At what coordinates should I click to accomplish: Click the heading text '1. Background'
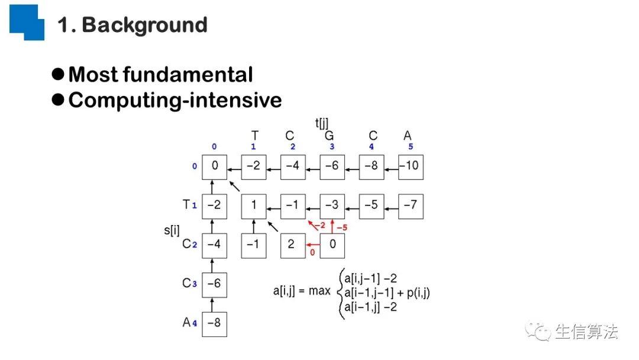tap(133, 25)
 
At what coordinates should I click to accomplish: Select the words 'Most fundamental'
tap(160, 75)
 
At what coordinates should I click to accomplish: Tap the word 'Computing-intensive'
tap(175, 100)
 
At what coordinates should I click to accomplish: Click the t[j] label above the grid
tap(322, 123)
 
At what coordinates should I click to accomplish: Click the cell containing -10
tap(411, 166)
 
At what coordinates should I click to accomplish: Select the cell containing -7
tap(411, 205)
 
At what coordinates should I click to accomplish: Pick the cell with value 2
tap(292, 245)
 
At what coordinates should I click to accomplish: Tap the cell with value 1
tap(253, 205)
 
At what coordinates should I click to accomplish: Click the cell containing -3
tap(332, 205)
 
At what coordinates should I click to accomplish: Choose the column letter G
tap(329, 136)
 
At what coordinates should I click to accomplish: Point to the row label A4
tap(189, 323)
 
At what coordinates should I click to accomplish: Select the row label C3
tap(189, 284)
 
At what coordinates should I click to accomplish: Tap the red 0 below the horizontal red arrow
tap(312, 253)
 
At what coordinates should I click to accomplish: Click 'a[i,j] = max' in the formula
tap(301, 291)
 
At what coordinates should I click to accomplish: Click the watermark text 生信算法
tap(586, 332)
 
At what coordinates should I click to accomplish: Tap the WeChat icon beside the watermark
tap(538, 332)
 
